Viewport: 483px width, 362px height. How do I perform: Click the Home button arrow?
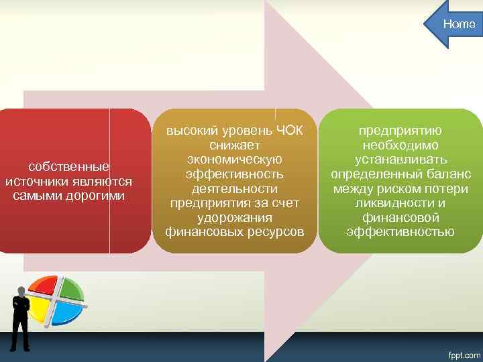453,25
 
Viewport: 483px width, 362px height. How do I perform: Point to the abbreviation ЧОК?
289,129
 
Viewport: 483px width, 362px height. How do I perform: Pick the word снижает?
233,144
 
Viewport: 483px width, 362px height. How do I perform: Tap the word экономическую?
233,159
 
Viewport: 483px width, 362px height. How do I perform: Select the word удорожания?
233,218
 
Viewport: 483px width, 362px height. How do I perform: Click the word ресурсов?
275,233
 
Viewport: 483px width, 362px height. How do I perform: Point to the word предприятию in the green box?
400,129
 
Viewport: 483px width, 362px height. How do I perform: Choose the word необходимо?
400,144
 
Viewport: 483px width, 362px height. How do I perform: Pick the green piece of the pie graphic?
70,288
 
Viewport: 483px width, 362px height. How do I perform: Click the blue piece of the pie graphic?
68,312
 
